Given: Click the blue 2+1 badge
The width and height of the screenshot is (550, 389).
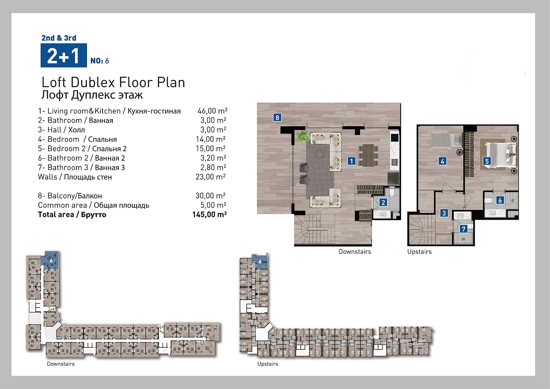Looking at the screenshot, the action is (x=64, y=55).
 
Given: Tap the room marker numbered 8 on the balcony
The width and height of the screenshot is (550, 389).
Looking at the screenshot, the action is (x=277, y=118).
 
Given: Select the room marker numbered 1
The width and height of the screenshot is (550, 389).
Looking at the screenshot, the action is (x=351, y=161).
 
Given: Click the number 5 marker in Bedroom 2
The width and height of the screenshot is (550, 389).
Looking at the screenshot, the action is (x=487, y=161).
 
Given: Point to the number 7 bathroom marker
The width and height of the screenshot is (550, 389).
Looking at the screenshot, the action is (x=464, y=229).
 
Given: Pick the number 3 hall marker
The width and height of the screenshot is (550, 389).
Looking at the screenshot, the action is (x=444, y=213).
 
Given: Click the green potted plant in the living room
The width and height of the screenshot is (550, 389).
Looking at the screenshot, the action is (x=302, y=136).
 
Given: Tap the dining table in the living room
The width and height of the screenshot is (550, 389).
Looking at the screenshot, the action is (x=368, y=155).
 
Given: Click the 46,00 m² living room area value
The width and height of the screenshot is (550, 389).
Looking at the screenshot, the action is (x=212, y=111).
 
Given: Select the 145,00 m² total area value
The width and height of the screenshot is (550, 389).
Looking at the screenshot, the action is (x=209, y=215).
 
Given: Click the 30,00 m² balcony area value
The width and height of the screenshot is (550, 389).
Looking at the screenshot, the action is (x=210, y=196).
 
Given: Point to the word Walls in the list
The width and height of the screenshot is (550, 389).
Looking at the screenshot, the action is (x=47, y=177).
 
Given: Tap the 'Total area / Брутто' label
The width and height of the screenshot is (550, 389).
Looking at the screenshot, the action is (x=72, y=215).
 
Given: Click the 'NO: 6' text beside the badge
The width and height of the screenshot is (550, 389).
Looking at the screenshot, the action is (x=99, y=61).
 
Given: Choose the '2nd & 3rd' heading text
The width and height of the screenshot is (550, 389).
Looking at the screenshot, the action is (x=59, y=38).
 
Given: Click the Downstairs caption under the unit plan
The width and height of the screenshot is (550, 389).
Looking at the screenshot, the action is (x=355, y=252).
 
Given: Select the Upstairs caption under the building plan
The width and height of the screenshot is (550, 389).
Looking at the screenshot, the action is (x=268, y=364).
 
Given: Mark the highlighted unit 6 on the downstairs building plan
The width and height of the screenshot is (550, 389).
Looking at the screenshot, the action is (x=50, y=260).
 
